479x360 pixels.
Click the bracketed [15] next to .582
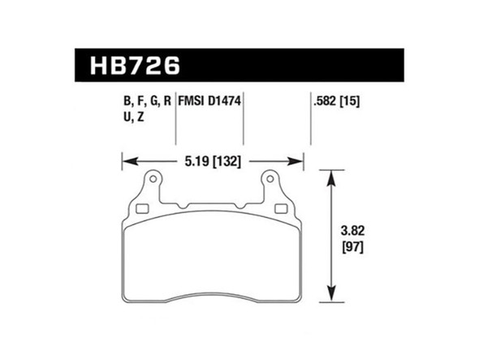[351, 103]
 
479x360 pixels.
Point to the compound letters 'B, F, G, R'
[146, 103]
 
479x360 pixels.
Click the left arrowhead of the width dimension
[127, 161]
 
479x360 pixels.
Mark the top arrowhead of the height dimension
[330, 174]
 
